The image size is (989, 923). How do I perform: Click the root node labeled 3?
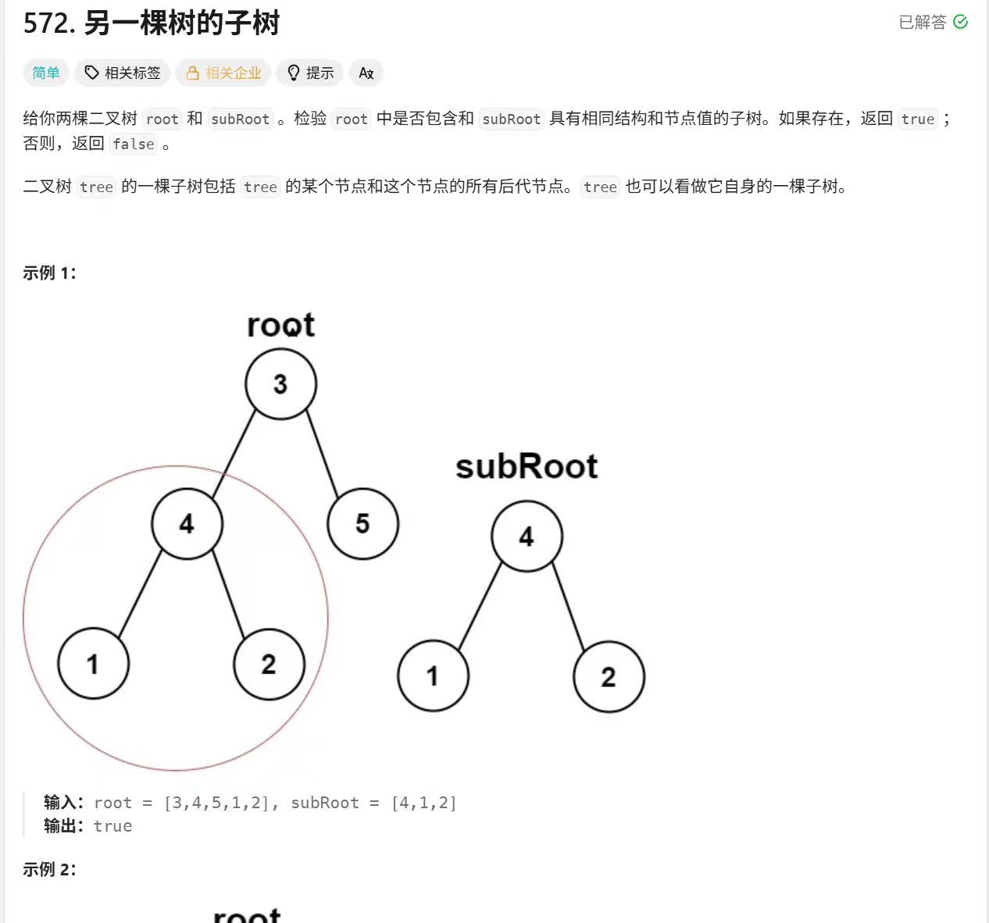[x=280, y=384]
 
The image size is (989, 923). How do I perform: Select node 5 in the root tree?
[x=362, y=523]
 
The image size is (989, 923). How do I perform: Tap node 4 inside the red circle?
[x=187, y=523]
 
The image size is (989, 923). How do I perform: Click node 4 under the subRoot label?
[x=527, y=536]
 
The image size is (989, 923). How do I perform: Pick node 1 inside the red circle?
[x=93, y=664]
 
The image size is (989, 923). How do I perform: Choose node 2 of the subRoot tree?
[x=609, y=676]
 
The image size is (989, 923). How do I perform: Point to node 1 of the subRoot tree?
[x=433, y=676]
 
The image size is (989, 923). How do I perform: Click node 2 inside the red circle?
[x=269, y=664]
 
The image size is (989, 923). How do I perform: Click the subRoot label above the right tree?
[x=526, y=467]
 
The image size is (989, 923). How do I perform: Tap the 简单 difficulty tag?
[x=46, y=73]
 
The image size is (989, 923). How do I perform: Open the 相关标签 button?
[x=123, y=73]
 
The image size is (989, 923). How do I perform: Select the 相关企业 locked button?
[x=223, y=73]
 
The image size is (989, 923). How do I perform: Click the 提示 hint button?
[x=310, y=73]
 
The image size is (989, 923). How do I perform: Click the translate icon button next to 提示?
[x=366, y=73]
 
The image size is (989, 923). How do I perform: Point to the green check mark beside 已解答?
[x=961, y=22]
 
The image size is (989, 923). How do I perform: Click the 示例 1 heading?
[x=49, y=273]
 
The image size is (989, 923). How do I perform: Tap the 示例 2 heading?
[x=49, y=869]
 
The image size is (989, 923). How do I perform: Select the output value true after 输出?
[x=112, y=826]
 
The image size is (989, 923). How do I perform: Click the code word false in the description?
[x=134, y=144]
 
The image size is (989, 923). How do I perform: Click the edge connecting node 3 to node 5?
[x=322, y=454]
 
